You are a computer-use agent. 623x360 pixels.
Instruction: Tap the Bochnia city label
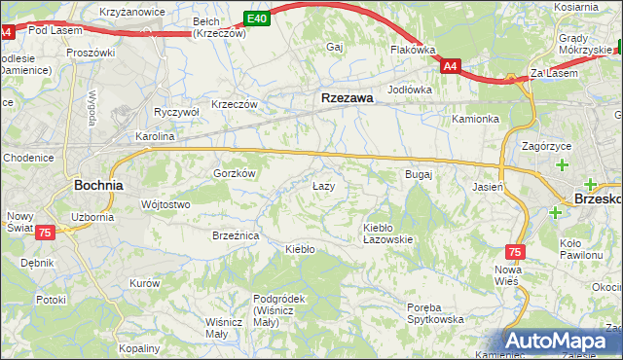coord(98,184)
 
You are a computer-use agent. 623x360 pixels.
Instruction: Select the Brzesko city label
coord(598,197)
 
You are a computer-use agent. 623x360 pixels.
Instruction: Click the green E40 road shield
coord(256,18)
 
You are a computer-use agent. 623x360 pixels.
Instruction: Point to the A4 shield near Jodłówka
coord(450,66)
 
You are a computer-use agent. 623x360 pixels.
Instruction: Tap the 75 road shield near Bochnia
coord(44,233)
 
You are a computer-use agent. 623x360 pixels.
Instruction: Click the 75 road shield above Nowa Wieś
coord(515,251)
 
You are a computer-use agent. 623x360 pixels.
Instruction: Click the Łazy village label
coord(323,185)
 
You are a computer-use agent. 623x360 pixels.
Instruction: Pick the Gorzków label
coord(235,173)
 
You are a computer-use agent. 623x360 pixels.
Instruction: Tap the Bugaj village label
coord(418,174)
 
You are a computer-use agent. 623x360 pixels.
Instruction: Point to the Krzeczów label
coord(235,104)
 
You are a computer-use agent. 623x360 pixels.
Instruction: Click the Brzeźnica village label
coord(235,235)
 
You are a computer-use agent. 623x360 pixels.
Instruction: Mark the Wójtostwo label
coord(165,204)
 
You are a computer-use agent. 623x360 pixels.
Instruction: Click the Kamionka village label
coord(475,119)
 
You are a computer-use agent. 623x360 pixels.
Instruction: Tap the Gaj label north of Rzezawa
coord(337,47)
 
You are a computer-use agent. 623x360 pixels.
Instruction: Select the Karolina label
coord(155,137)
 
